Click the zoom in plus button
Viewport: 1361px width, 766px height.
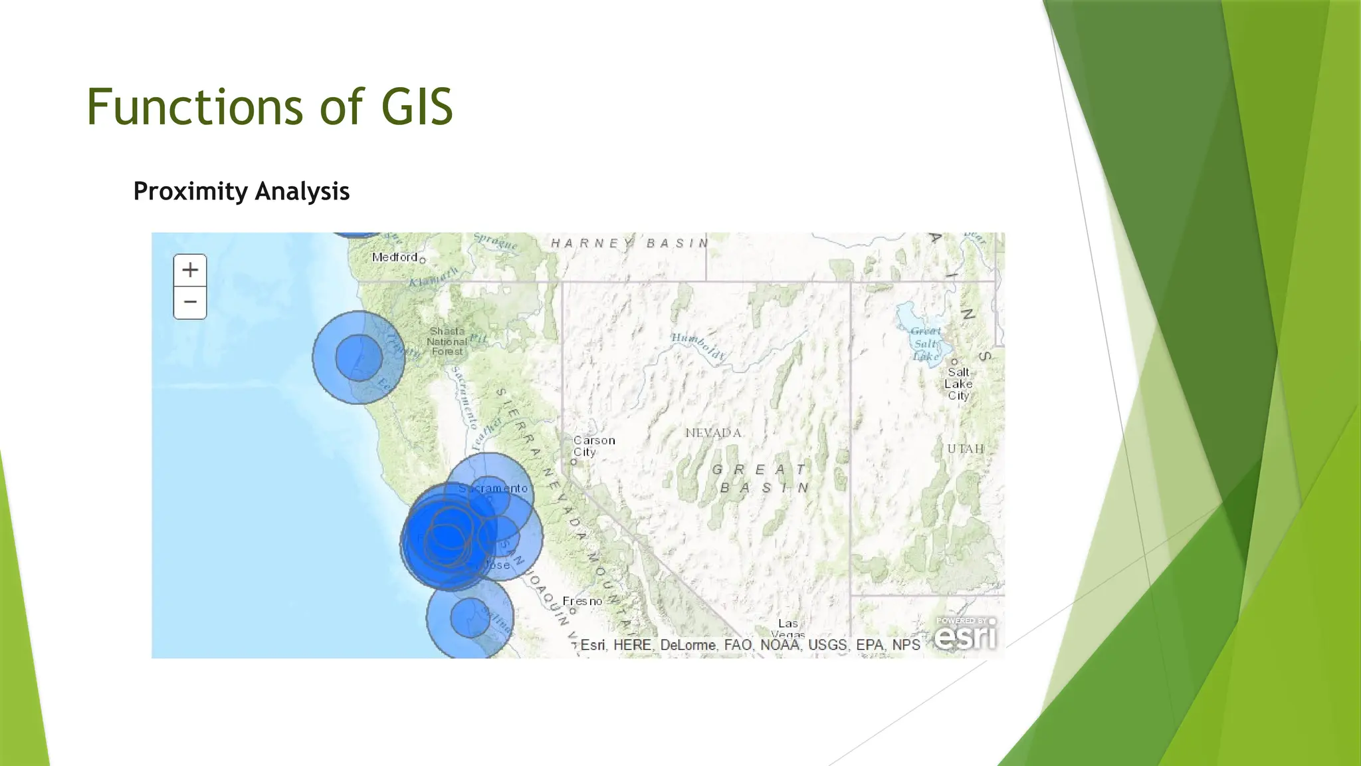pyautogui.click(x=190, y=270)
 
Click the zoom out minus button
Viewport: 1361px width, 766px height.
pyautogui.click(x=190, y=303)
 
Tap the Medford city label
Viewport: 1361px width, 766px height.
pyautogui.click(x=395, y=257)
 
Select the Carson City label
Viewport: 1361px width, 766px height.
pyautogui.click(x=593, y=446)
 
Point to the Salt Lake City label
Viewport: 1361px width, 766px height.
pyautogui.click(x=958, y=384)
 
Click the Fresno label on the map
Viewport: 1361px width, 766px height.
pyautogui.click(x=582, y=601)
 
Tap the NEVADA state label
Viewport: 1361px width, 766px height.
pyautogui.click(x=713, y=433)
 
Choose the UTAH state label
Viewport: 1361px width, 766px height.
pyautogui.click(x=966, y=449)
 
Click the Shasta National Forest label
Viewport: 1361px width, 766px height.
pyautogui.click(x=447, y=341)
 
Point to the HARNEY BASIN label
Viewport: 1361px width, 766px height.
pyautogui.click(x=629, y=243)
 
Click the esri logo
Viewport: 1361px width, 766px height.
pyautogui.click(x=966, y=634)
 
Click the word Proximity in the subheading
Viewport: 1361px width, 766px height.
pyautogui.click(x=190, y=191)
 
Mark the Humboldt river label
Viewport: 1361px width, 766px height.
pyautogui.click(x=697, y=346)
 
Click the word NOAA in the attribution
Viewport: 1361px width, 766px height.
pyautogui.click(x=780, y=645)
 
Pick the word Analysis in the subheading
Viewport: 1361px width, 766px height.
pyautogui.click(x=302, y=191)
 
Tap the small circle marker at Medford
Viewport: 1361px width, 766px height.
pyautogui.click(x=422, y=260)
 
